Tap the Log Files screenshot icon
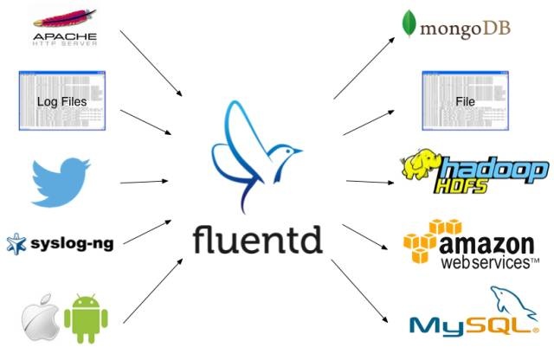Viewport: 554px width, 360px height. pos(61,101)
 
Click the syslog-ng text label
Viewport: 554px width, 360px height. pos(72,243)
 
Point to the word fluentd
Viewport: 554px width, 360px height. pos(256,237)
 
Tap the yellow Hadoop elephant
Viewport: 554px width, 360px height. pos(422,171)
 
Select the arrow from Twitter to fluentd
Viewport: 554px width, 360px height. pos(145,182)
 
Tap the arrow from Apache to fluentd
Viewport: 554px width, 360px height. pos(151,62)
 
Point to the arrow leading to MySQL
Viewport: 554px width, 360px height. pos(360,290)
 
